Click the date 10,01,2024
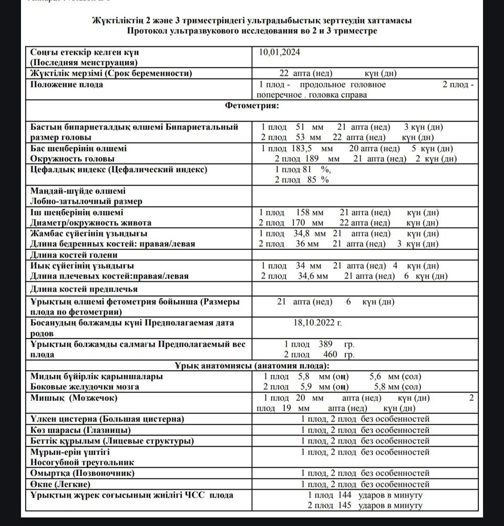280,52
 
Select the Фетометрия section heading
252,106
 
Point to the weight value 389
325,345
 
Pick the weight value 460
325,355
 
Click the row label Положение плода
66,84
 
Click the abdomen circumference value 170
304,222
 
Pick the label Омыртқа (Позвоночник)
82,473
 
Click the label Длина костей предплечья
84,289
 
